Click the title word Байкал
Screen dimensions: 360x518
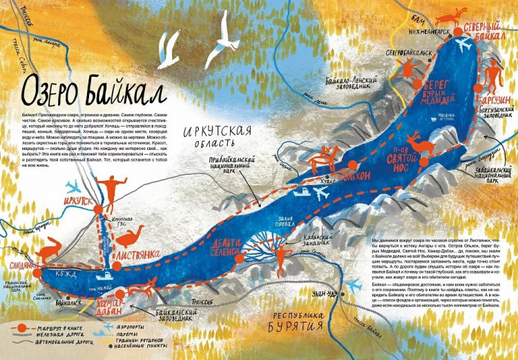(128, 91)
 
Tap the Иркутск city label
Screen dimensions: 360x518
(77, 200)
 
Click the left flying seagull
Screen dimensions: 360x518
(168, 51)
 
